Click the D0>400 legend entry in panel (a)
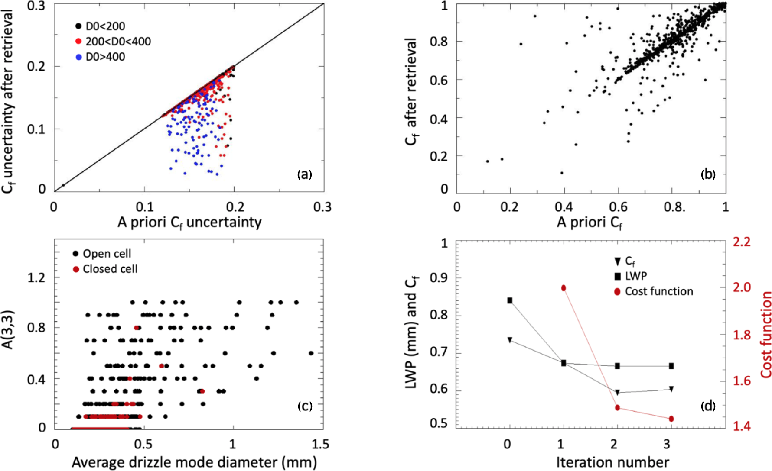point(101,57)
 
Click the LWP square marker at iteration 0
point(510,300)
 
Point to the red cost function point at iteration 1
point(564,288)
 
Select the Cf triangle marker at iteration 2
point(617,392)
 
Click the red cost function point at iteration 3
point(671,419)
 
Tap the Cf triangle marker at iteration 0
point(510,340)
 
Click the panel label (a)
point(304,174)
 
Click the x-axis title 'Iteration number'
point(612,462)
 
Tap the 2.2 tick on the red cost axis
point(742,242)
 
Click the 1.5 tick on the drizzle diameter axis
point(320,444)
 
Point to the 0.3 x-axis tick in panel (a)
point(322,206)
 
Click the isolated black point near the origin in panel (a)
point(63,185)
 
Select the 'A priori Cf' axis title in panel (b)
point(590,223)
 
